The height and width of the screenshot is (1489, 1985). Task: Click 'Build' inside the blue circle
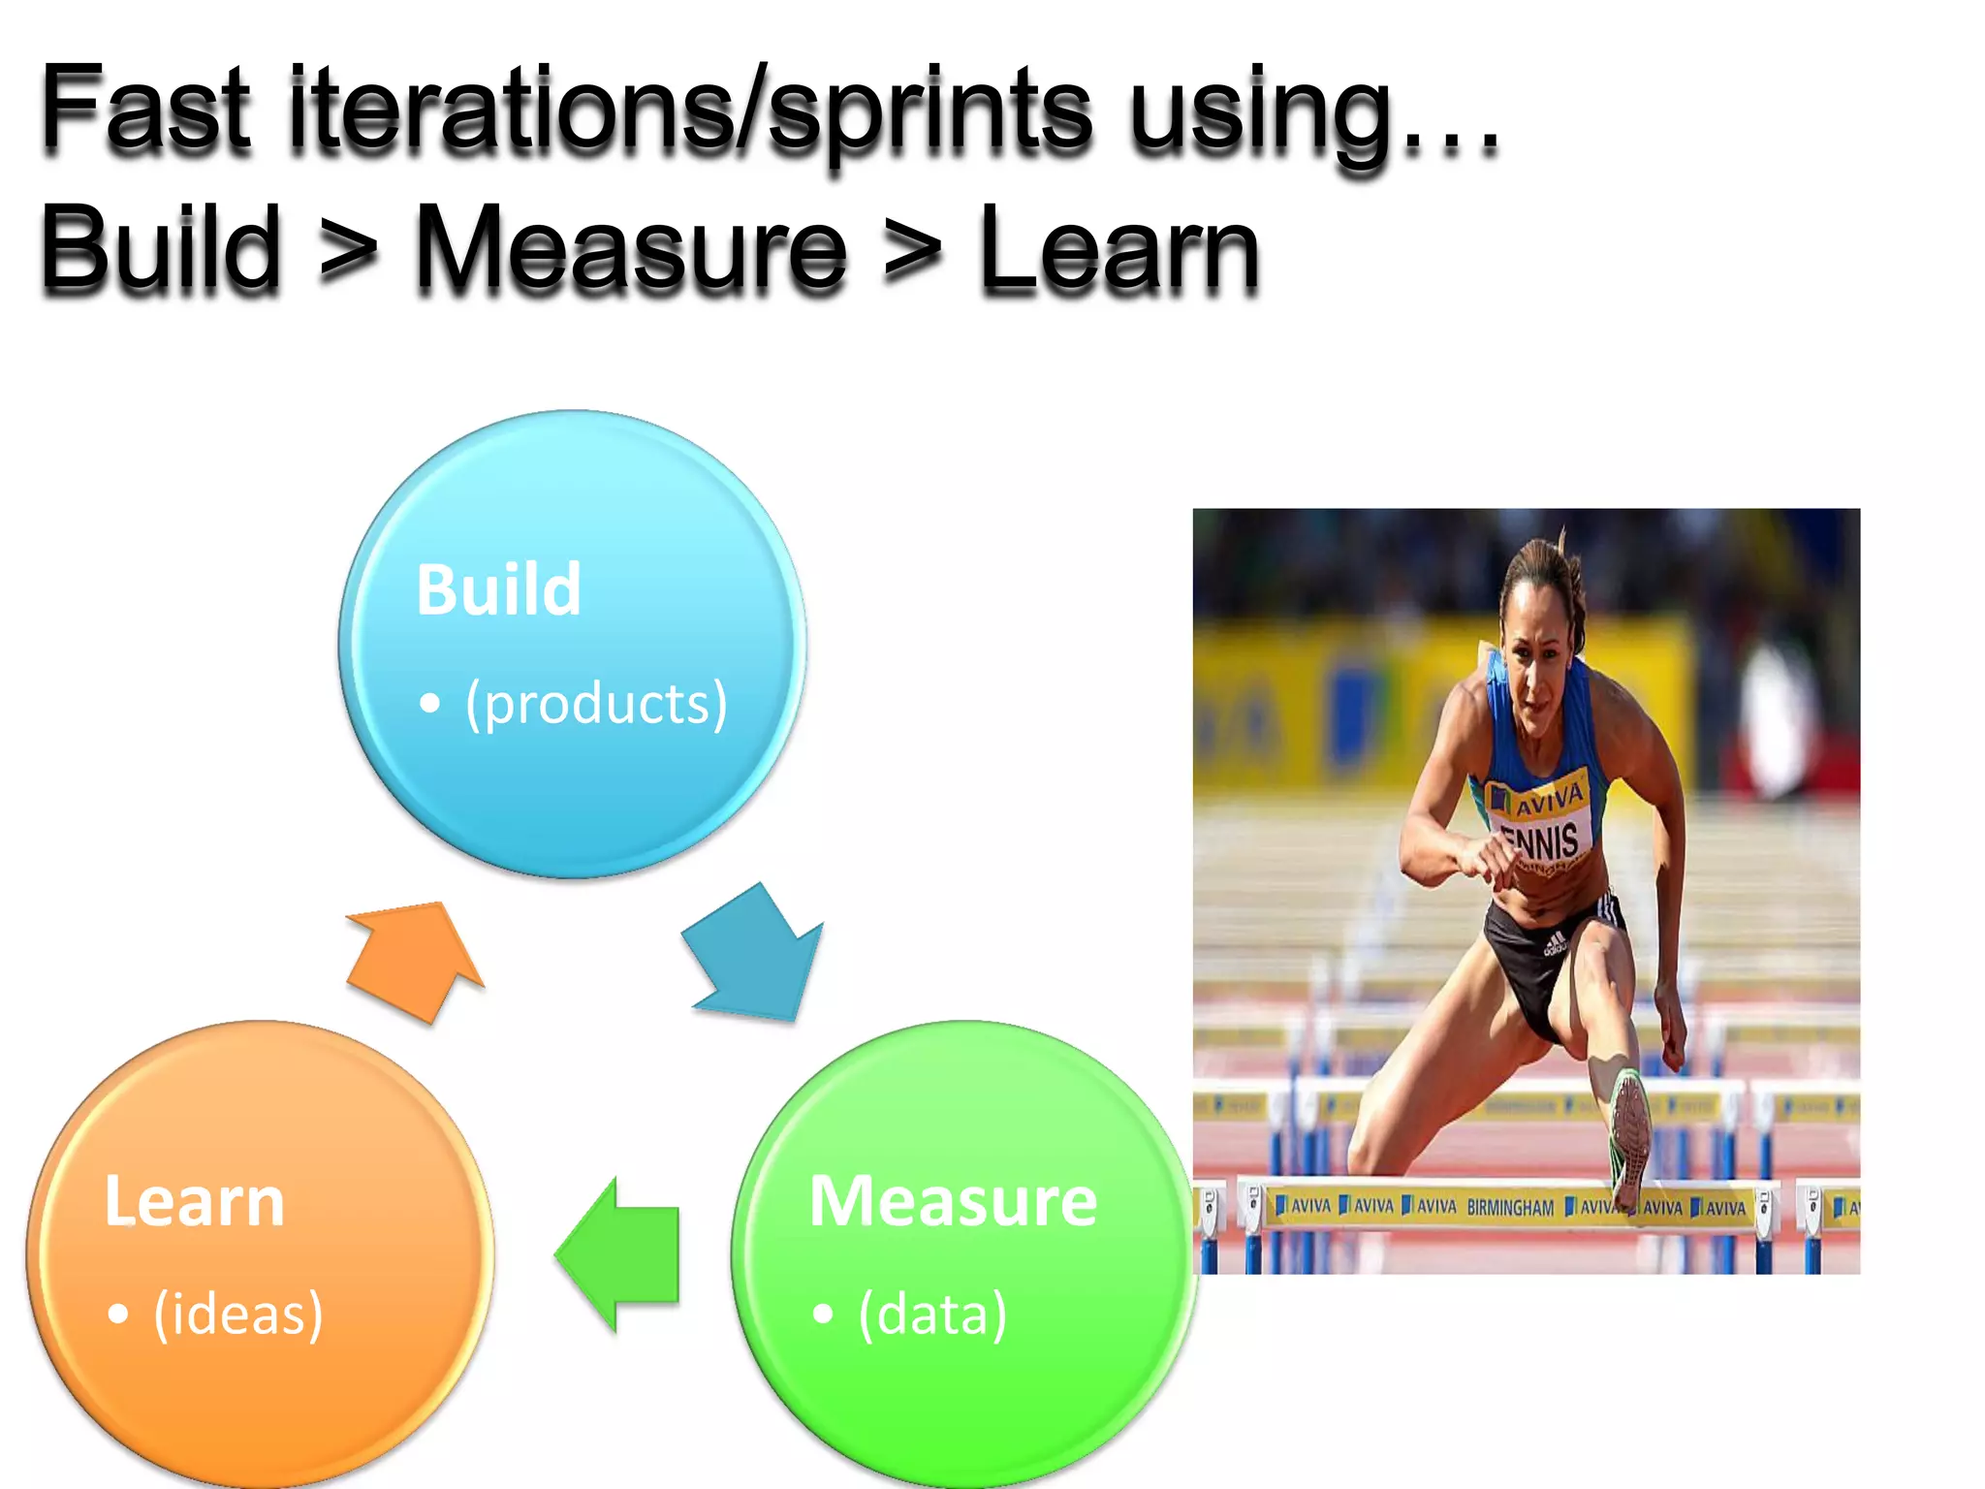(x=498, y=589)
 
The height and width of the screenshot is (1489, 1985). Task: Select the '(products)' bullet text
(x=595, y=703)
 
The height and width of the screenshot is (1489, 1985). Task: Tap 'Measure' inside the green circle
(x=953, y=1201)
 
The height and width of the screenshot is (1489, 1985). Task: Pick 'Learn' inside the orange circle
(x=194, y=1201)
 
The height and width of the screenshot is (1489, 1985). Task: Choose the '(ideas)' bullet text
(x=237, y=1315)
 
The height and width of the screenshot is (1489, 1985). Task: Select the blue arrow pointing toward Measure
(x=756, y=955)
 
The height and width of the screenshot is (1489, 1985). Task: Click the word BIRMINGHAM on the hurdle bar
(x=1509, y=1208)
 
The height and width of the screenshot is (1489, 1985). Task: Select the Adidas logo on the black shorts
(x=1554, y=942)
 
